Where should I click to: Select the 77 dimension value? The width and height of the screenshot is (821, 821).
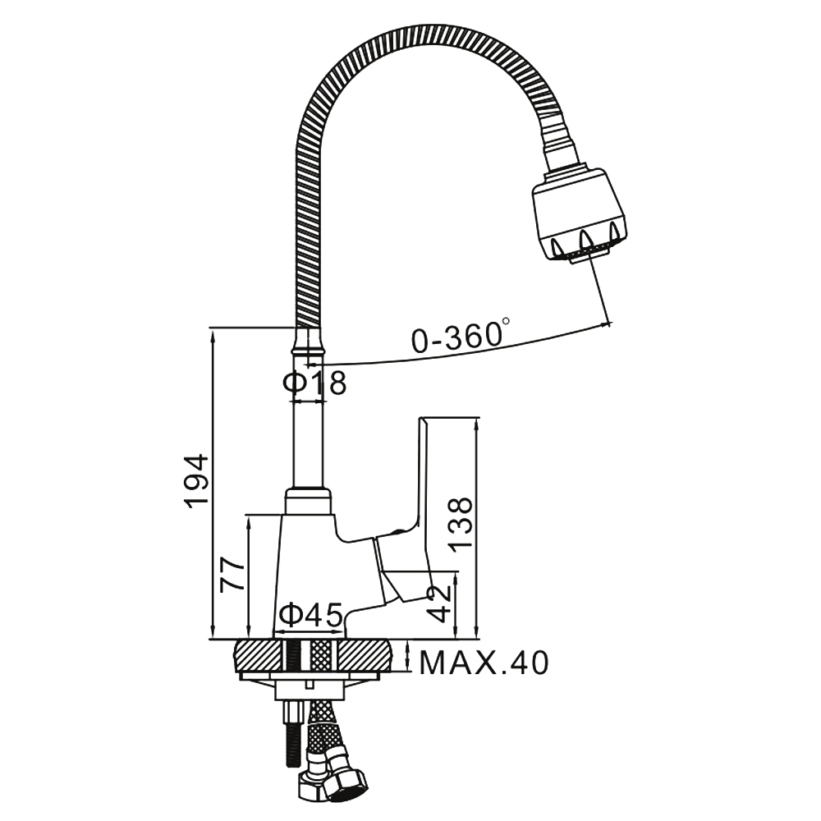[x=233, y=575]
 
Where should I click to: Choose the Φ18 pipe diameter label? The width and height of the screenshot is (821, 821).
[x=314, y=383]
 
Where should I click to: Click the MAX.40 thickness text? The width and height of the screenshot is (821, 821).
[x=484, y=663]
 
